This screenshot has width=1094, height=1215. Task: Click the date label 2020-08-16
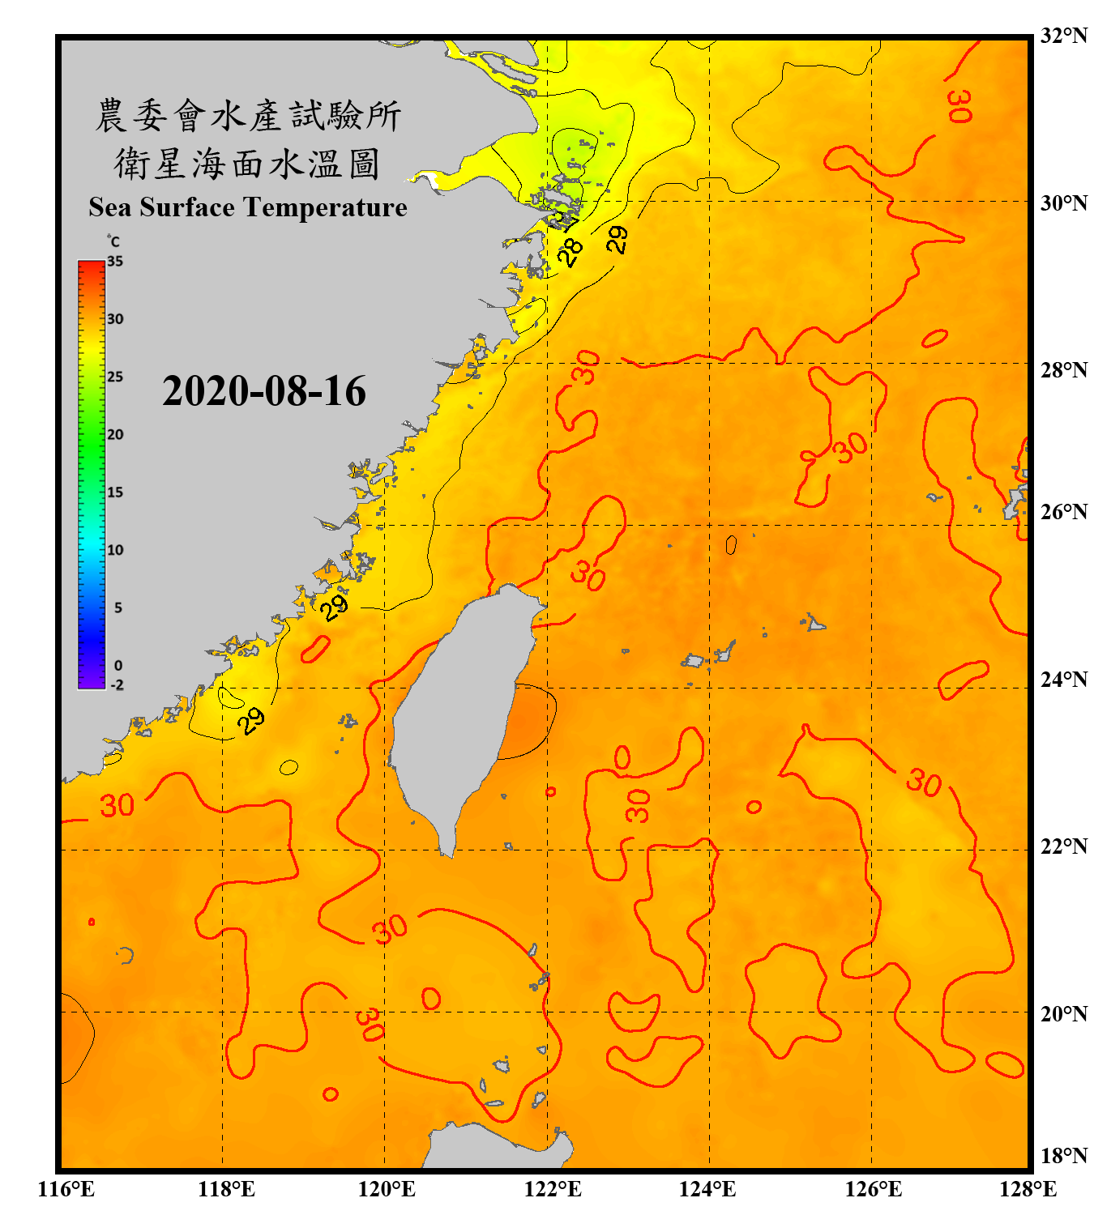pyautogui.click(x=264, y=391)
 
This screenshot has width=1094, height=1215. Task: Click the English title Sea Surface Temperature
pyautogui.click(x=248, y=207)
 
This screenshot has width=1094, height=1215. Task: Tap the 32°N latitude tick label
pyautogui.click(x=1063, y=36)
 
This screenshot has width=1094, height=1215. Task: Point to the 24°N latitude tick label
pyautogui.click(x=1063, y=679)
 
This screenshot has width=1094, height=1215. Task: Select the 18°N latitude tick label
pyautogui.click(x=1063, y=1155)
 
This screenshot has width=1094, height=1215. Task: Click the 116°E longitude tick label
pyautogui.click(x=66, y=1189)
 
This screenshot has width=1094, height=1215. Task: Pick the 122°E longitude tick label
pyautogui.click(x=553, y=1189)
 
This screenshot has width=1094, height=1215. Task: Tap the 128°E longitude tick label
pyautogui.click(x=1028, y=1189)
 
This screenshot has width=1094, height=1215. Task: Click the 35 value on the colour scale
pyautogui.click(x=115, y=261)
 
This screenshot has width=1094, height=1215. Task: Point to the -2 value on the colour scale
pyautogui.click(x=117, y=684)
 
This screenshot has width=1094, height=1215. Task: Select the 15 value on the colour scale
pyautogui.click(x=115, y=492)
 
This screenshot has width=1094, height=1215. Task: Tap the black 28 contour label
pyautogui.click(x=571, y=252)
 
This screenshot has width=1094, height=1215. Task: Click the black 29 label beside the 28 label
pyautogui.click(x=617, y=239)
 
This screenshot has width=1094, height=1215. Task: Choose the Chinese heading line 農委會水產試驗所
pyautogui.click(x=248, y=116)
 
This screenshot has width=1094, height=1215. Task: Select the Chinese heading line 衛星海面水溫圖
pyautogui.click(x=247, y=164)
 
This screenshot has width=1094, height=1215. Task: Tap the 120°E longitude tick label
pyautogui.click(x=387, y=1189)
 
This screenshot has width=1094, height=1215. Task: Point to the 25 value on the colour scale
pyautogui.click(x=115, y=377)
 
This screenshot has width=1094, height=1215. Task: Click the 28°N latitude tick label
pyautogui.click(x=1063, y=370)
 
